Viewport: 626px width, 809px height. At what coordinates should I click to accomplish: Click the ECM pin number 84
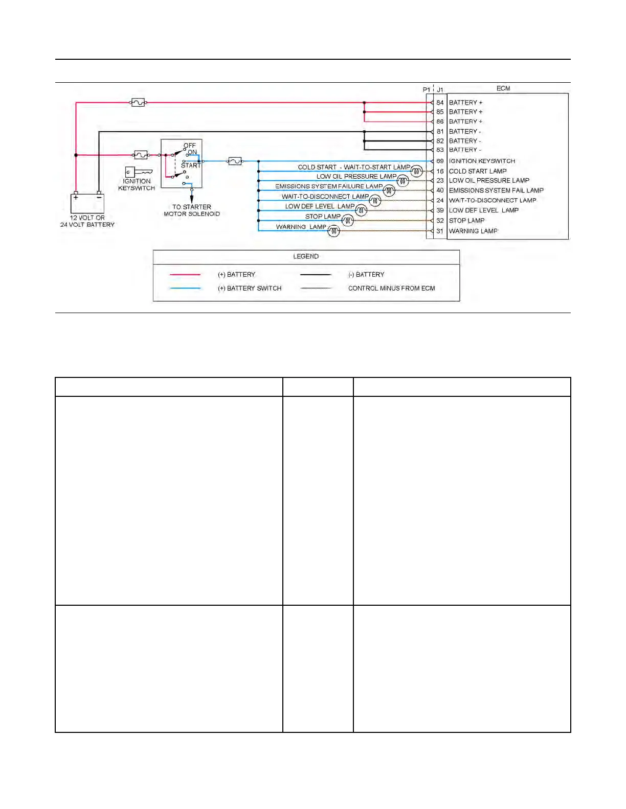click(440, 103)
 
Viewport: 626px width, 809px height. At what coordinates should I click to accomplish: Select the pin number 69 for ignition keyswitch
click(440, 161)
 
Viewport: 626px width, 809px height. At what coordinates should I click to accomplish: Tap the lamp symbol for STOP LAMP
click(348, 221)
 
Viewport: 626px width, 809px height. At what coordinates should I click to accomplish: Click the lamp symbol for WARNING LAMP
click(333, 231)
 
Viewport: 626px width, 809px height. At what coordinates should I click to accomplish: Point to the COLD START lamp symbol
click(417, 171)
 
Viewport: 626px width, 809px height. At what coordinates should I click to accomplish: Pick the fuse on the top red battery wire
click(138, 103)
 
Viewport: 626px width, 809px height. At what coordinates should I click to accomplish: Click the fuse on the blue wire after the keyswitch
click(235, 161)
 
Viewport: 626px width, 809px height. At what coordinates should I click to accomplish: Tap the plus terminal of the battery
click(76, 197)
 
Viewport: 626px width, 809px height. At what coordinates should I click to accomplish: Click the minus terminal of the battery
click(99, 197)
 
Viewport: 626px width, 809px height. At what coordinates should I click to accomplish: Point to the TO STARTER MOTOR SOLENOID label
click(192, 210)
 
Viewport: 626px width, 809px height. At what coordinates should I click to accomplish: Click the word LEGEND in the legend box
click(306, 256)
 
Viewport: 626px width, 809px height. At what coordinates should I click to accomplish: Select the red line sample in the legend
click(185, 275)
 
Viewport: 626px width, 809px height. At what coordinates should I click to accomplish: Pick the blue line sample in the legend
click(185, 289)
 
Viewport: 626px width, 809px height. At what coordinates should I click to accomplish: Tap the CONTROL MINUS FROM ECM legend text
click(391, 289)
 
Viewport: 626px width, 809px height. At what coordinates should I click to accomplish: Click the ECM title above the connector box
click(503, 88)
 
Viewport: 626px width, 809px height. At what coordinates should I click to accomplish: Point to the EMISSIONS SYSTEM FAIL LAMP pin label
click(496, 191)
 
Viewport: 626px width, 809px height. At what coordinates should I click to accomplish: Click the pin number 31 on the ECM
click(440, 231)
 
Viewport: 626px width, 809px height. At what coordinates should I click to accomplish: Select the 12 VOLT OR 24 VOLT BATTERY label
click(87, 221)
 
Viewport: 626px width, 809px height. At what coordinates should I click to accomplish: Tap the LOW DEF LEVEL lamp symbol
click(361, 210)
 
